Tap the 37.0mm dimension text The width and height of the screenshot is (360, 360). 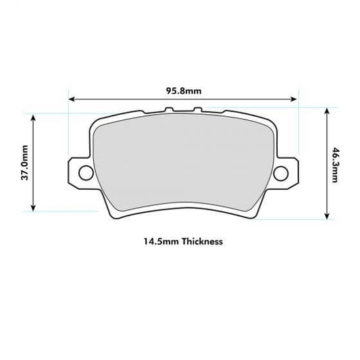tap(25, 162)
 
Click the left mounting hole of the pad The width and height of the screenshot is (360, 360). tap(86, 172)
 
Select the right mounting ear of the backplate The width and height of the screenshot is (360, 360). tap(286, 172)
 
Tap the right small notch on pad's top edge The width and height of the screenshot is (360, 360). tap(195, 110)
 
